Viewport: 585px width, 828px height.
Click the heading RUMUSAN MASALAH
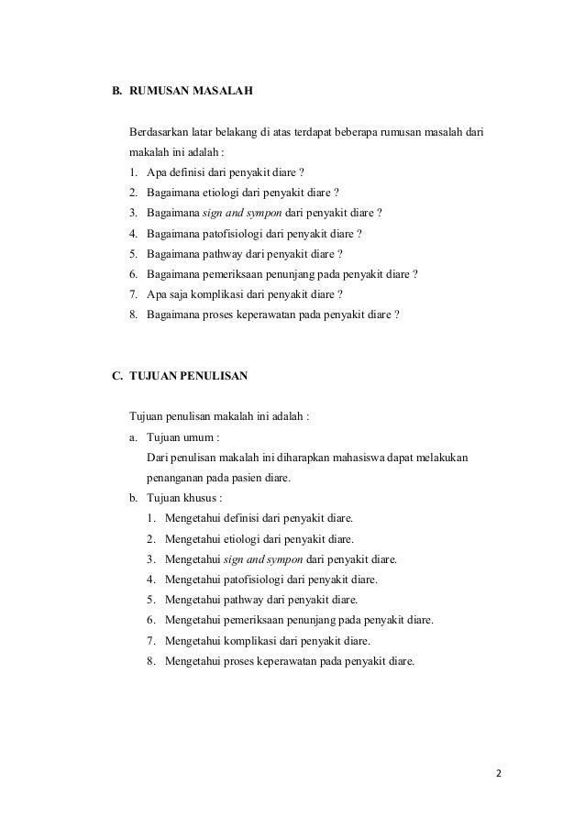[191, 93]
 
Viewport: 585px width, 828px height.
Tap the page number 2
[499, 772]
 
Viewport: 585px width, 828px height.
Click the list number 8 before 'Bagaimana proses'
[134, 315]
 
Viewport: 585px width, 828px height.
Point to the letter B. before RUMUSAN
[116, 93]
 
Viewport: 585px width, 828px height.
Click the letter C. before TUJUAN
[116, 375]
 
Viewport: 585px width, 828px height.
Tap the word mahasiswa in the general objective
[352, 458]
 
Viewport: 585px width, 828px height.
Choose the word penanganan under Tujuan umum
[177, 478]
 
